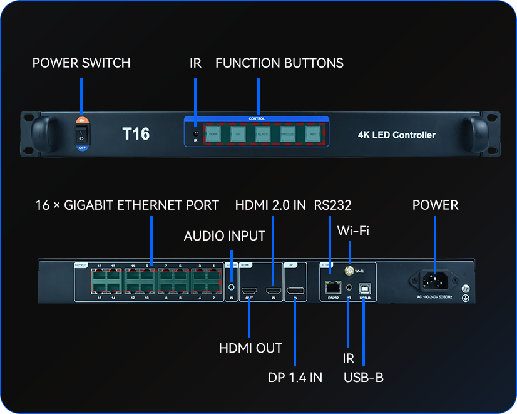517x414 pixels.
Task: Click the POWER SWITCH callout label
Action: coord(81,63)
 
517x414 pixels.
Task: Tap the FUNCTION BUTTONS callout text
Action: coord(279,63)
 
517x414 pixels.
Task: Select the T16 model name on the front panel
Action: coord(136,133)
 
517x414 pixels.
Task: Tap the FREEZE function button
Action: coord(288,134)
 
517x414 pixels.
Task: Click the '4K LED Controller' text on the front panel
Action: coord(396,135)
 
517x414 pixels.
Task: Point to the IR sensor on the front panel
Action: coord(195,133)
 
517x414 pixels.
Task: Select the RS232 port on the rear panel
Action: coord(332,287)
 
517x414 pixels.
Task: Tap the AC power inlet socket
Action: coord(432,282)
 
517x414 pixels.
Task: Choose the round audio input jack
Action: coord(232,287)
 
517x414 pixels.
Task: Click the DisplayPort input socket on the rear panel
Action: coord(295,291)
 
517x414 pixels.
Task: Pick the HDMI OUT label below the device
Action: coord(250,348)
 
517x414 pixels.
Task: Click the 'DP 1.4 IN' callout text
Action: coord(295,377)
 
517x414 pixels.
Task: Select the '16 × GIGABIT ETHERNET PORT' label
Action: coord(127,205)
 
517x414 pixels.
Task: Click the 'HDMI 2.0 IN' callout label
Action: coord(270,205)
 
